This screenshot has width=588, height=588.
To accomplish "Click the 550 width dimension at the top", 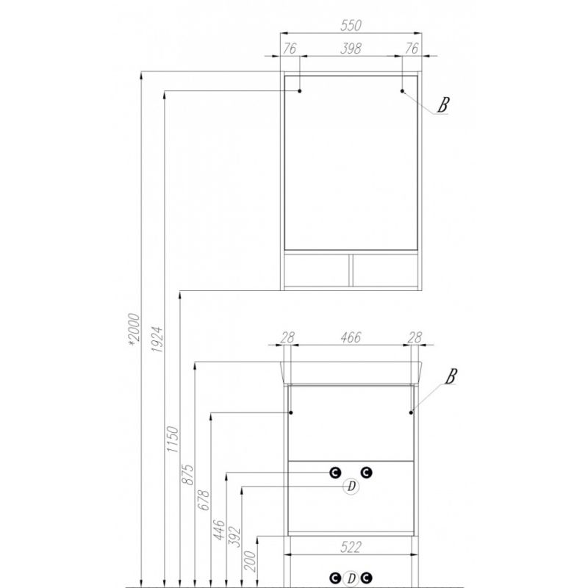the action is pos(351,26).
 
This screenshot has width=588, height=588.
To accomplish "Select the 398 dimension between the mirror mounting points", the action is pos(351,49).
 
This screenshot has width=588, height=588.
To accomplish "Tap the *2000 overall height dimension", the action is pos(134,329).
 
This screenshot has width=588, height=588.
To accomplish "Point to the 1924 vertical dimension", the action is pos(157,339).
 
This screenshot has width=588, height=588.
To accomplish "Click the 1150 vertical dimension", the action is pos(173,439).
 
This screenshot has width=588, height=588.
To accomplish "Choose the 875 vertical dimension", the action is pos(188,474).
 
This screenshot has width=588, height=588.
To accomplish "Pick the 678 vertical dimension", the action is pos(204,500).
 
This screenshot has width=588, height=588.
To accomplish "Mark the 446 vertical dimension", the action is pos(218,529).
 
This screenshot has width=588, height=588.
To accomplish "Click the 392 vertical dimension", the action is pos(234,537).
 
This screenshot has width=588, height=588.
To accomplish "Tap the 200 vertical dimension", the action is pos(250,561).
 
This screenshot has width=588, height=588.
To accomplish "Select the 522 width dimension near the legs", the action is pos(351,547).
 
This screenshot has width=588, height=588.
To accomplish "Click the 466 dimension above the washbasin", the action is pos(351,337).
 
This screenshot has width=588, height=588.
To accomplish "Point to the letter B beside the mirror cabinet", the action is pos(443,104).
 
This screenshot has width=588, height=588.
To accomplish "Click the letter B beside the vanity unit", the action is pos(451,376).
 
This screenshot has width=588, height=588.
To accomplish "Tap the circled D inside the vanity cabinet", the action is pos(351,487).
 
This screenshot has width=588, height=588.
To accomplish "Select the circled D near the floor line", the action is pos(351,578).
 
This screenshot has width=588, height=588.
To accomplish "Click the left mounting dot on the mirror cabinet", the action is pos(300,90).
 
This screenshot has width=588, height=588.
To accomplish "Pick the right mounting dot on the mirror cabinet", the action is pos(402,90).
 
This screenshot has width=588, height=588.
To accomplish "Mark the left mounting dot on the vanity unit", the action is pos(290,412).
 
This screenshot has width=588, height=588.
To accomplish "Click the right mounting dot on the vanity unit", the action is pos(411,412).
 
